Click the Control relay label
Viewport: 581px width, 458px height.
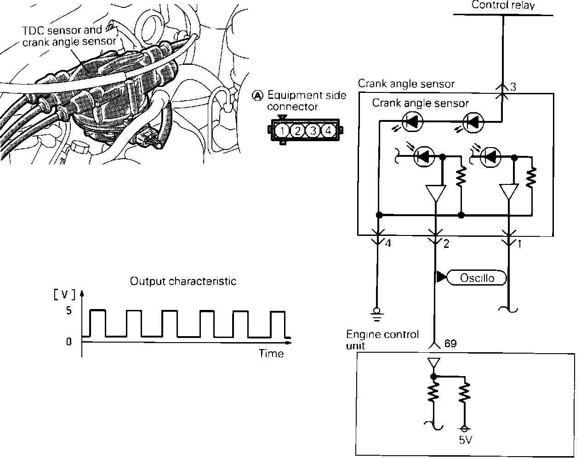(503, 6)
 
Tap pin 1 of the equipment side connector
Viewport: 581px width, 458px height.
(282, 131)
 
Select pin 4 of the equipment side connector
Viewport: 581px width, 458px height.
(328, 131)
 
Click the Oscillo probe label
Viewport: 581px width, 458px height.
(477, 278)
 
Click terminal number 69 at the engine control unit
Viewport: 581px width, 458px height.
(450, 343)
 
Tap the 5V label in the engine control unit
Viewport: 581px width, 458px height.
(465, 440)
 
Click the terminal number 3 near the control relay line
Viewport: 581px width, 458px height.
(513, 87)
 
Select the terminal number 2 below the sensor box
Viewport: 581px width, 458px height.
(446, 244)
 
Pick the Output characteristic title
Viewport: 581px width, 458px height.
(183, 281)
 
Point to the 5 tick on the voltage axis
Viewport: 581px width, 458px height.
(69, 311)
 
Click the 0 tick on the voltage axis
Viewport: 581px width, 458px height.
(69, 342)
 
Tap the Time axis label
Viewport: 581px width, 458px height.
(271, 353)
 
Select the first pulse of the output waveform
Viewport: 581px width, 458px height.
(98, 323)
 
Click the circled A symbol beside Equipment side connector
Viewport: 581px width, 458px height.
(258, 96)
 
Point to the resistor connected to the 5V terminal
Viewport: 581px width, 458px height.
(465, 393)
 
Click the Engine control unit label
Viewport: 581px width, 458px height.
(382, 339)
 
